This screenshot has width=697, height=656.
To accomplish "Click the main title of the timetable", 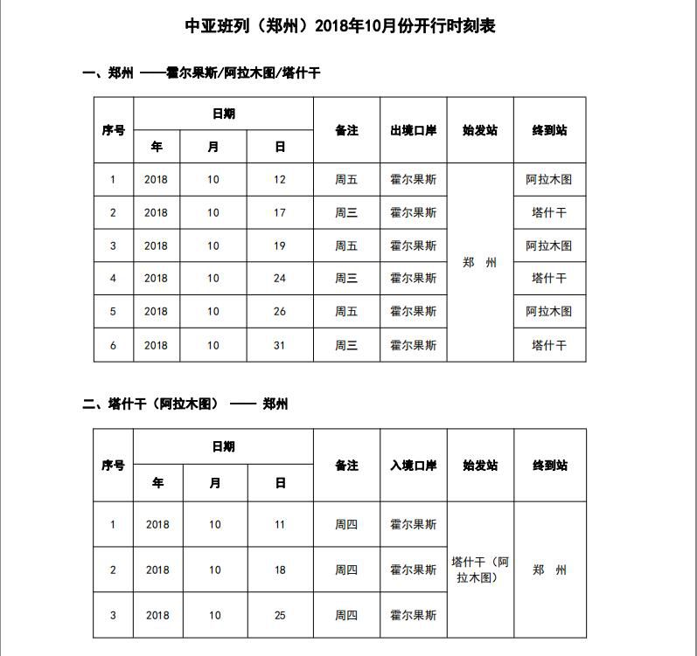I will (x=340, y=26).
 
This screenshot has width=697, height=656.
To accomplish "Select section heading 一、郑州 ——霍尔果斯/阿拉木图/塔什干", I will (x=201, y=73).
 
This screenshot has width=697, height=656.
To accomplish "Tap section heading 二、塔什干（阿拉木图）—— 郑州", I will (x=185, y=404).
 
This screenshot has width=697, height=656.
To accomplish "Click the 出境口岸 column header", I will (x=413, y=130).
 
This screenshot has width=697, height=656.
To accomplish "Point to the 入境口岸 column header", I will (x=413, y=466).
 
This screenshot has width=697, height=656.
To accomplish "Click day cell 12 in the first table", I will (x=280, y=180).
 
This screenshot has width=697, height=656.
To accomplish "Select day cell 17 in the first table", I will (x=280, y=212).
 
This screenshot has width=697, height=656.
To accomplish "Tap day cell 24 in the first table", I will (x=280, y=278).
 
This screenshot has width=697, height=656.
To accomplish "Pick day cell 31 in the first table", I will (x=280, y=345).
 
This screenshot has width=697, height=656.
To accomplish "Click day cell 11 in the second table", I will (x=280, y=525).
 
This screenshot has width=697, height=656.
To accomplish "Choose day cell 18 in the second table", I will (x=280, y=570).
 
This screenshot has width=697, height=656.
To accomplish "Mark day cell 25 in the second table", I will (x=280, y=615).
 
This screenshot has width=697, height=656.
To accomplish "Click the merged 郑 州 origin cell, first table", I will (x=479, y=262).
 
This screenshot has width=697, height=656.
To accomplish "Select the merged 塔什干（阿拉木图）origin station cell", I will (x=479, y=570).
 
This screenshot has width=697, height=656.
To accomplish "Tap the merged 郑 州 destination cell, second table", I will (x=549, y=570).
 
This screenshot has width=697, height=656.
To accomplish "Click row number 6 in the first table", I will (x=113, y=345).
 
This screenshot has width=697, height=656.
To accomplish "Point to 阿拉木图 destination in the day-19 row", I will (x=549, y=245).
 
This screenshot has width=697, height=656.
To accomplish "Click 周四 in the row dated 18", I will (x=346, y=570).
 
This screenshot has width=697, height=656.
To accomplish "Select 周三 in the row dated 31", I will (x=346, y=345).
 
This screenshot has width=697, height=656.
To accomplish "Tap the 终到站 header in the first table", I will (x=549, y=130).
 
